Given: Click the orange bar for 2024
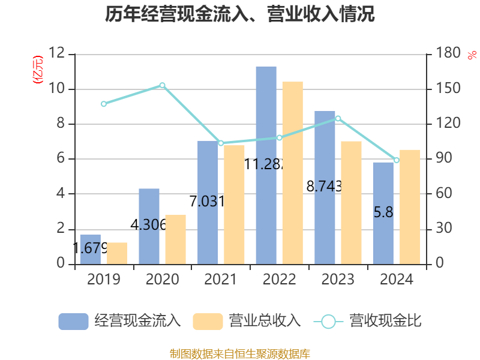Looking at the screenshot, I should (410, 206).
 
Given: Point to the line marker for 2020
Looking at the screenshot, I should (162, 85).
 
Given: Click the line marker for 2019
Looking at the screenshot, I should (104, 104).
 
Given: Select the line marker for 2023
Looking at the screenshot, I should (338, 119).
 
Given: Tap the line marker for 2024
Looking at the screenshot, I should (397, 160).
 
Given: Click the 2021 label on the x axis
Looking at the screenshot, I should (221, 280).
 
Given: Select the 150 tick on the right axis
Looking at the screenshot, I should (447, 89).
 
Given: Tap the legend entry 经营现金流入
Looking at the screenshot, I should (120, 321).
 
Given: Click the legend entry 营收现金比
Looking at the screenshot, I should (368, 321).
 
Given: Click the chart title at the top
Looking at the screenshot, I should (240, 14).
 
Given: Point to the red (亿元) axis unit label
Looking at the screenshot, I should (38, 69).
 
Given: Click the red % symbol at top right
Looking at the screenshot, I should (472, 55).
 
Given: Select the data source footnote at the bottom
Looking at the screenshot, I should (240, 353).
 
